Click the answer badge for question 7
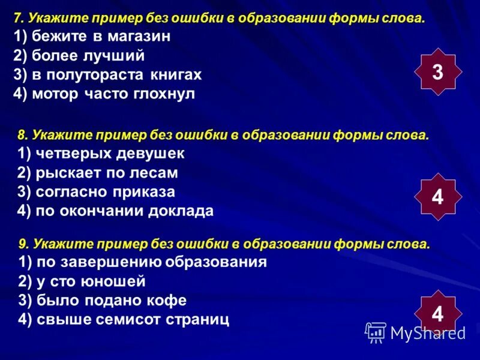(437, 73)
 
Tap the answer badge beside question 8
(437, 196)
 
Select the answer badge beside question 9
(437, 313)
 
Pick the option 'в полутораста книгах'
(107, 75)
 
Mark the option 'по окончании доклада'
(116, 211)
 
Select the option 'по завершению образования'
(143, 262)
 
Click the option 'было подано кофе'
(103, 301)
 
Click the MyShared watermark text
(427, 332)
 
